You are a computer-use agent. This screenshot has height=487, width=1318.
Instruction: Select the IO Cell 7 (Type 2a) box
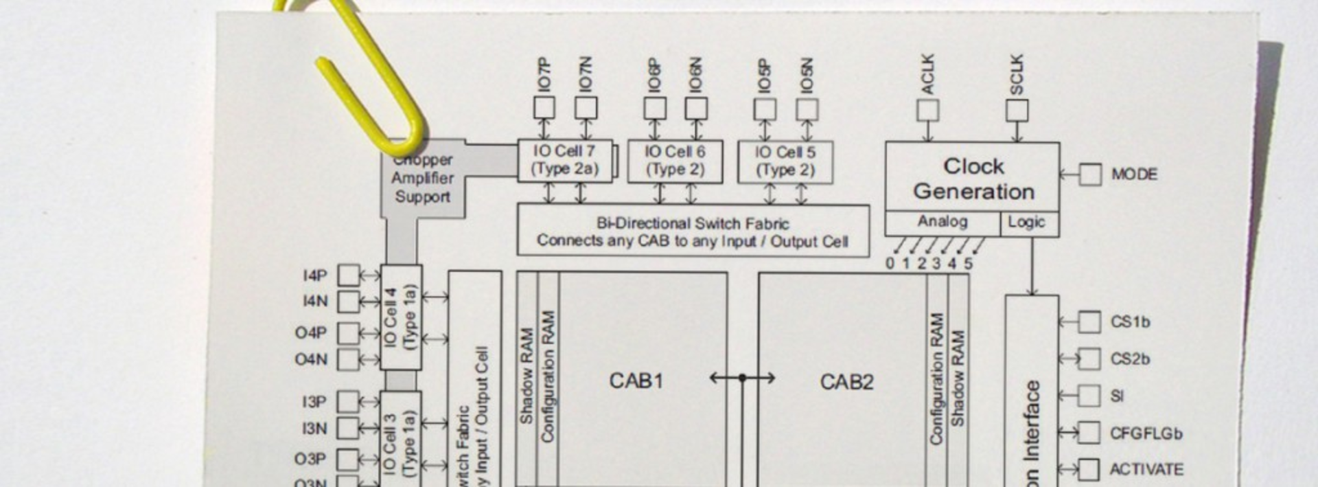(565, 161)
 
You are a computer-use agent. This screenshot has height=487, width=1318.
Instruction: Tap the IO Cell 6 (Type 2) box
(675, 161)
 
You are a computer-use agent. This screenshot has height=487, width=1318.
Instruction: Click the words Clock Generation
(973, 179)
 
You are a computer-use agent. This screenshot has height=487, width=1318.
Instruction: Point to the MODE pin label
(1134, 174)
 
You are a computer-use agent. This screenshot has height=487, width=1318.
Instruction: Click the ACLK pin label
(927, 74)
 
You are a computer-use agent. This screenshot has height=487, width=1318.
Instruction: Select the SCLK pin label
(1017, 74)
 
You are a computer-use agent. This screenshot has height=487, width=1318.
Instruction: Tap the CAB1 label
(636, 381)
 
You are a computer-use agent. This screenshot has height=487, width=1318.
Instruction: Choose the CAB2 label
(846, 382)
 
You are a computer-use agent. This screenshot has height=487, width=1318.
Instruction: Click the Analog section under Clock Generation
(943, 222)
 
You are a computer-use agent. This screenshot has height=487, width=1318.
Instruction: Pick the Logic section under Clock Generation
(1026, 222)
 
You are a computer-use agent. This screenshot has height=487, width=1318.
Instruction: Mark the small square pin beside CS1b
(1089, 322)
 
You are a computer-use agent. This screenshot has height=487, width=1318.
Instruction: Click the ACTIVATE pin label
(1146, 470)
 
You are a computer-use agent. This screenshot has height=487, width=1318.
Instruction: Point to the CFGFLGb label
(1146, 433)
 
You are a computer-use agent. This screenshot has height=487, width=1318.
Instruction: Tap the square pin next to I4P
(348, 275)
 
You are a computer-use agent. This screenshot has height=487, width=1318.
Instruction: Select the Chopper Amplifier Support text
(422, 179)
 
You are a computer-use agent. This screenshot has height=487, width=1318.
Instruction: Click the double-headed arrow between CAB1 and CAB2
(742, 378)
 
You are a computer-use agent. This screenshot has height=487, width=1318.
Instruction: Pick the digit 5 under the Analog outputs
(968, 264)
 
